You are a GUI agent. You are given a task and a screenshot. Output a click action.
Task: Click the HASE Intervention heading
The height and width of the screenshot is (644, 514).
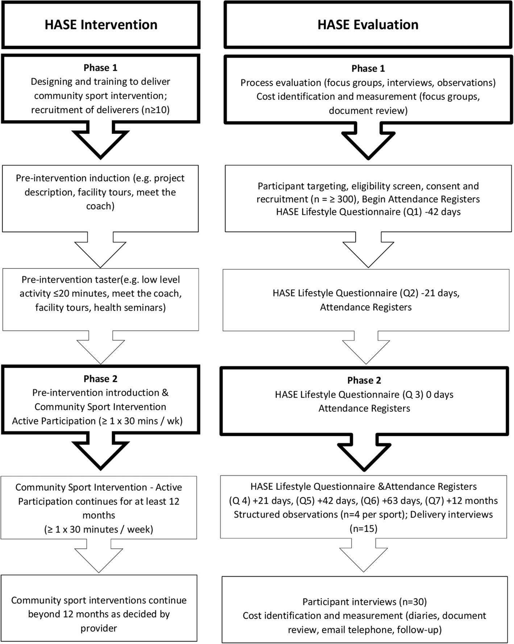pos(101,25)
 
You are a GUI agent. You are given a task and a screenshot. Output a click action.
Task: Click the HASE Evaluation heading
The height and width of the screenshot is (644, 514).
pos(368,25)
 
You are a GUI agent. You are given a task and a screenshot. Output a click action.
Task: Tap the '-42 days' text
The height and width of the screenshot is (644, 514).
pos(443,212)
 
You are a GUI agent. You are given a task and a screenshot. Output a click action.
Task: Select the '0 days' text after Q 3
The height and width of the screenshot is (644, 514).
pos(440,394)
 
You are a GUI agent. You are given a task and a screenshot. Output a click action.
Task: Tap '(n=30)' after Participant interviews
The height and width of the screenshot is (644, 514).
pos(413,602)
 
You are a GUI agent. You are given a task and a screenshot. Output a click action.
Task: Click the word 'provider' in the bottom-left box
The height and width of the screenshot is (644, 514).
pos(99,628)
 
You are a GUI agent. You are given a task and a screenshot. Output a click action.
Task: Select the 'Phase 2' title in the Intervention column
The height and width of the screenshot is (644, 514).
pos(100,379)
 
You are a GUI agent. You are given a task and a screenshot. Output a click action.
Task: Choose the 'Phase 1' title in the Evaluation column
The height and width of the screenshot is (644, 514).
pos(368,69)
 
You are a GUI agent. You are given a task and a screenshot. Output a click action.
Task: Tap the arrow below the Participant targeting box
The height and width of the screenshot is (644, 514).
pos(368,250)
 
